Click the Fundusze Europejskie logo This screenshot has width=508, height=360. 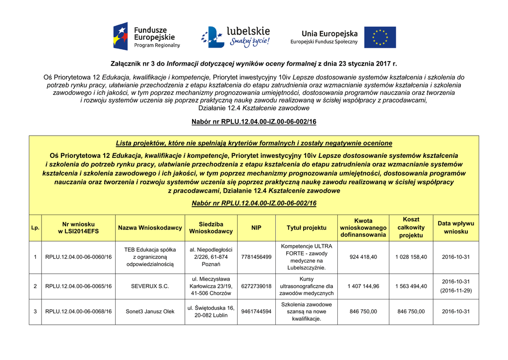[147, 37]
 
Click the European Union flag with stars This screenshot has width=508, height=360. [380, 37]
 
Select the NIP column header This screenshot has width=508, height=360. [256, 228]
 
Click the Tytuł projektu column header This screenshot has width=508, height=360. [307, 228]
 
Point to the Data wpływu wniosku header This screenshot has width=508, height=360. [455, 228]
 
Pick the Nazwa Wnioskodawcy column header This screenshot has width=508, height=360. [150, 228]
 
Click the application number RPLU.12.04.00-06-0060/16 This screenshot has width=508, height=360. [78, 257]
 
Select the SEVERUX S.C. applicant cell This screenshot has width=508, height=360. [150, 287]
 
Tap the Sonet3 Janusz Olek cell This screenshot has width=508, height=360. [150, 312]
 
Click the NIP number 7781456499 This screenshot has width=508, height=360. [256, 257]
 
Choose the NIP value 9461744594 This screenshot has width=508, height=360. [256, 312]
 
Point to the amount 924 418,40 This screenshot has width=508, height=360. [363, 257]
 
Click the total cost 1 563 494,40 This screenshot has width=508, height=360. [411, 287]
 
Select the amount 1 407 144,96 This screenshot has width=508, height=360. [363, 287]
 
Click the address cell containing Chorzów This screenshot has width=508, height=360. [211, 287]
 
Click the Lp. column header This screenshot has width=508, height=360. [35, 228]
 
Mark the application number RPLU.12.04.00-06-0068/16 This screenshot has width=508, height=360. [78, 312]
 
